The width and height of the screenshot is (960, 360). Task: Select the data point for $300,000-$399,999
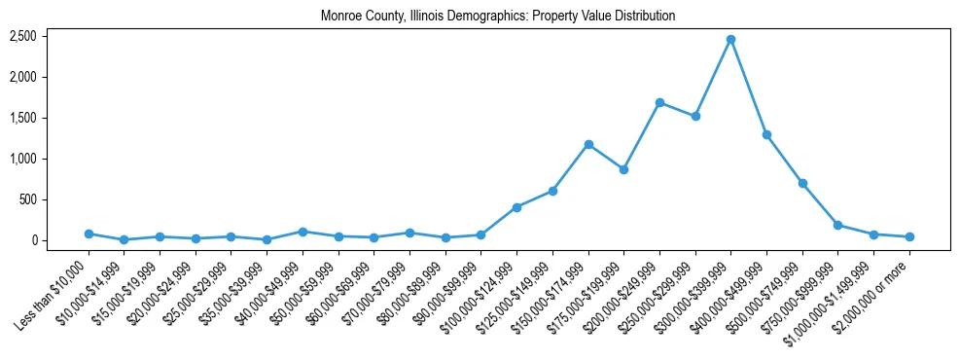(x=730, y=39)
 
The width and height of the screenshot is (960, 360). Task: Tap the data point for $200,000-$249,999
(x=659, y=102)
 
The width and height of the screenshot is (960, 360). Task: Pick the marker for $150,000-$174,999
(x=588, y=144)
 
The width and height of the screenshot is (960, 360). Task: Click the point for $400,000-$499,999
(x=766, y=134)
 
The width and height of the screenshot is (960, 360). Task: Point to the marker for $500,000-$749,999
(x=802, y=183)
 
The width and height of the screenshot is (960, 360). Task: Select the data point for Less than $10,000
(x=89, y=234)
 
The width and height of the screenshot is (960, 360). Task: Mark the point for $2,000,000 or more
(x=909, y=236)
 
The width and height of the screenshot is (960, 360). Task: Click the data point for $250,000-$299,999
(x=695, y=116)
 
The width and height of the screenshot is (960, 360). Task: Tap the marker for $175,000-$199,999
(x=623, y=169)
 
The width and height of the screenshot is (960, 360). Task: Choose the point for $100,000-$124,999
(x=516, y=207)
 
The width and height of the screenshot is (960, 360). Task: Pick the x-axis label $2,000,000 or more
(x=875, y=290)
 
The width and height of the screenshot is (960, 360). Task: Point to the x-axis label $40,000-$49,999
(x=268, y=289)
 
